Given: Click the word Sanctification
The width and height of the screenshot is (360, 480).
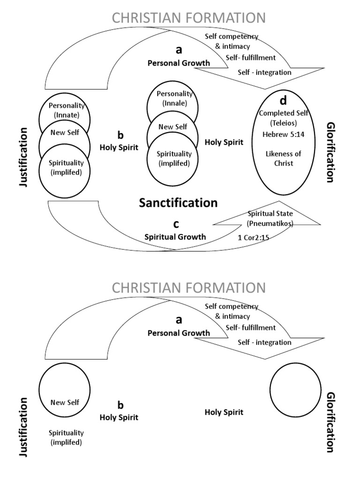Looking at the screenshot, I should point(178,202).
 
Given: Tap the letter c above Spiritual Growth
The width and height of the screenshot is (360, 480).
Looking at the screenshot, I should point(176,224).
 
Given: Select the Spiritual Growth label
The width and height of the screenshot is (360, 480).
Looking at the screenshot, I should point(175,237).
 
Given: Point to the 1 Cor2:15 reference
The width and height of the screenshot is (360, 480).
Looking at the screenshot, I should point(253,237).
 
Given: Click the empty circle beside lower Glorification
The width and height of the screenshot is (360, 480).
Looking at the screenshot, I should point(293,386).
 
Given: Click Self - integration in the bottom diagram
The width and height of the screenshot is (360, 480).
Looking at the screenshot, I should point(264,342).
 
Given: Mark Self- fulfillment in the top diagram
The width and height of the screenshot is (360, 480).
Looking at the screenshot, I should point(251,58).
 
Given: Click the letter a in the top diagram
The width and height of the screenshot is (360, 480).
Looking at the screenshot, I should point(178,51).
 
